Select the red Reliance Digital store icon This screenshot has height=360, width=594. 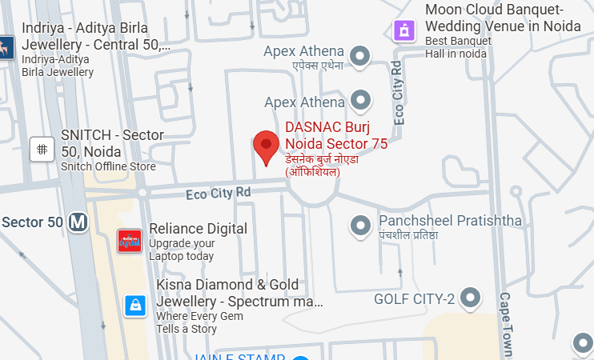tap(129, 240)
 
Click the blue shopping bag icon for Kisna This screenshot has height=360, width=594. tap(135, 306)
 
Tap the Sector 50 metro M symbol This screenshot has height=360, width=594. tap(78, 222)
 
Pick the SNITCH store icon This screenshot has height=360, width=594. tap(42, 149)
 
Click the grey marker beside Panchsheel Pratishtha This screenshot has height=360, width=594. tap(361, 226)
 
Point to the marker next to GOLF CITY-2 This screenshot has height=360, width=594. tap(471, 299)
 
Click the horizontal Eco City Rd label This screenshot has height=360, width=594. tap(218, 193)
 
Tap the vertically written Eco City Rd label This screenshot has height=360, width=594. tap(398, 92)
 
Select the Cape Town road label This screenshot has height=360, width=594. tap(505, 324)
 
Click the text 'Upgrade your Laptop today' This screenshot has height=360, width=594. tap(182, 250)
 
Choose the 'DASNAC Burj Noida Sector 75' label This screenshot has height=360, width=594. tap(336, 135)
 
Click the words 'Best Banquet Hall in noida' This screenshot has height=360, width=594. tap(456, 46)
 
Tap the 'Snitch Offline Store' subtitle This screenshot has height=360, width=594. tap(108, 166)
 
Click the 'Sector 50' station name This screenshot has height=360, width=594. tap(32, 222)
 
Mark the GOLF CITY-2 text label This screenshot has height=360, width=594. tap(415, 299)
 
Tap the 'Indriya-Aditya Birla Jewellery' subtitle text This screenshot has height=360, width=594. tap(58, 66)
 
